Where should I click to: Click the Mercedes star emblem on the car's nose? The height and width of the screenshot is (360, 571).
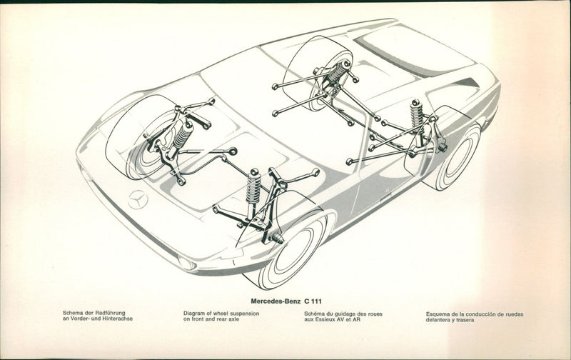coord(138,201)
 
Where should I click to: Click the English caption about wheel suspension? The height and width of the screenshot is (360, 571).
coord(221,316)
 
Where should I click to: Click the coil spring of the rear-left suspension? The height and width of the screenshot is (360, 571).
coord(337,71)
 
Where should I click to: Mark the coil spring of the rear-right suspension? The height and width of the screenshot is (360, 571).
coord(417,114)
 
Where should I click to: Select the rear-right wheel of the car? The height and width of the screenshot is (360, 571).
coord(451,159)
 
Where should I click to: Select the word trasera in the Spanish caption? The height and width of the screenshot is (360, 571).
coord(465,320)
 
